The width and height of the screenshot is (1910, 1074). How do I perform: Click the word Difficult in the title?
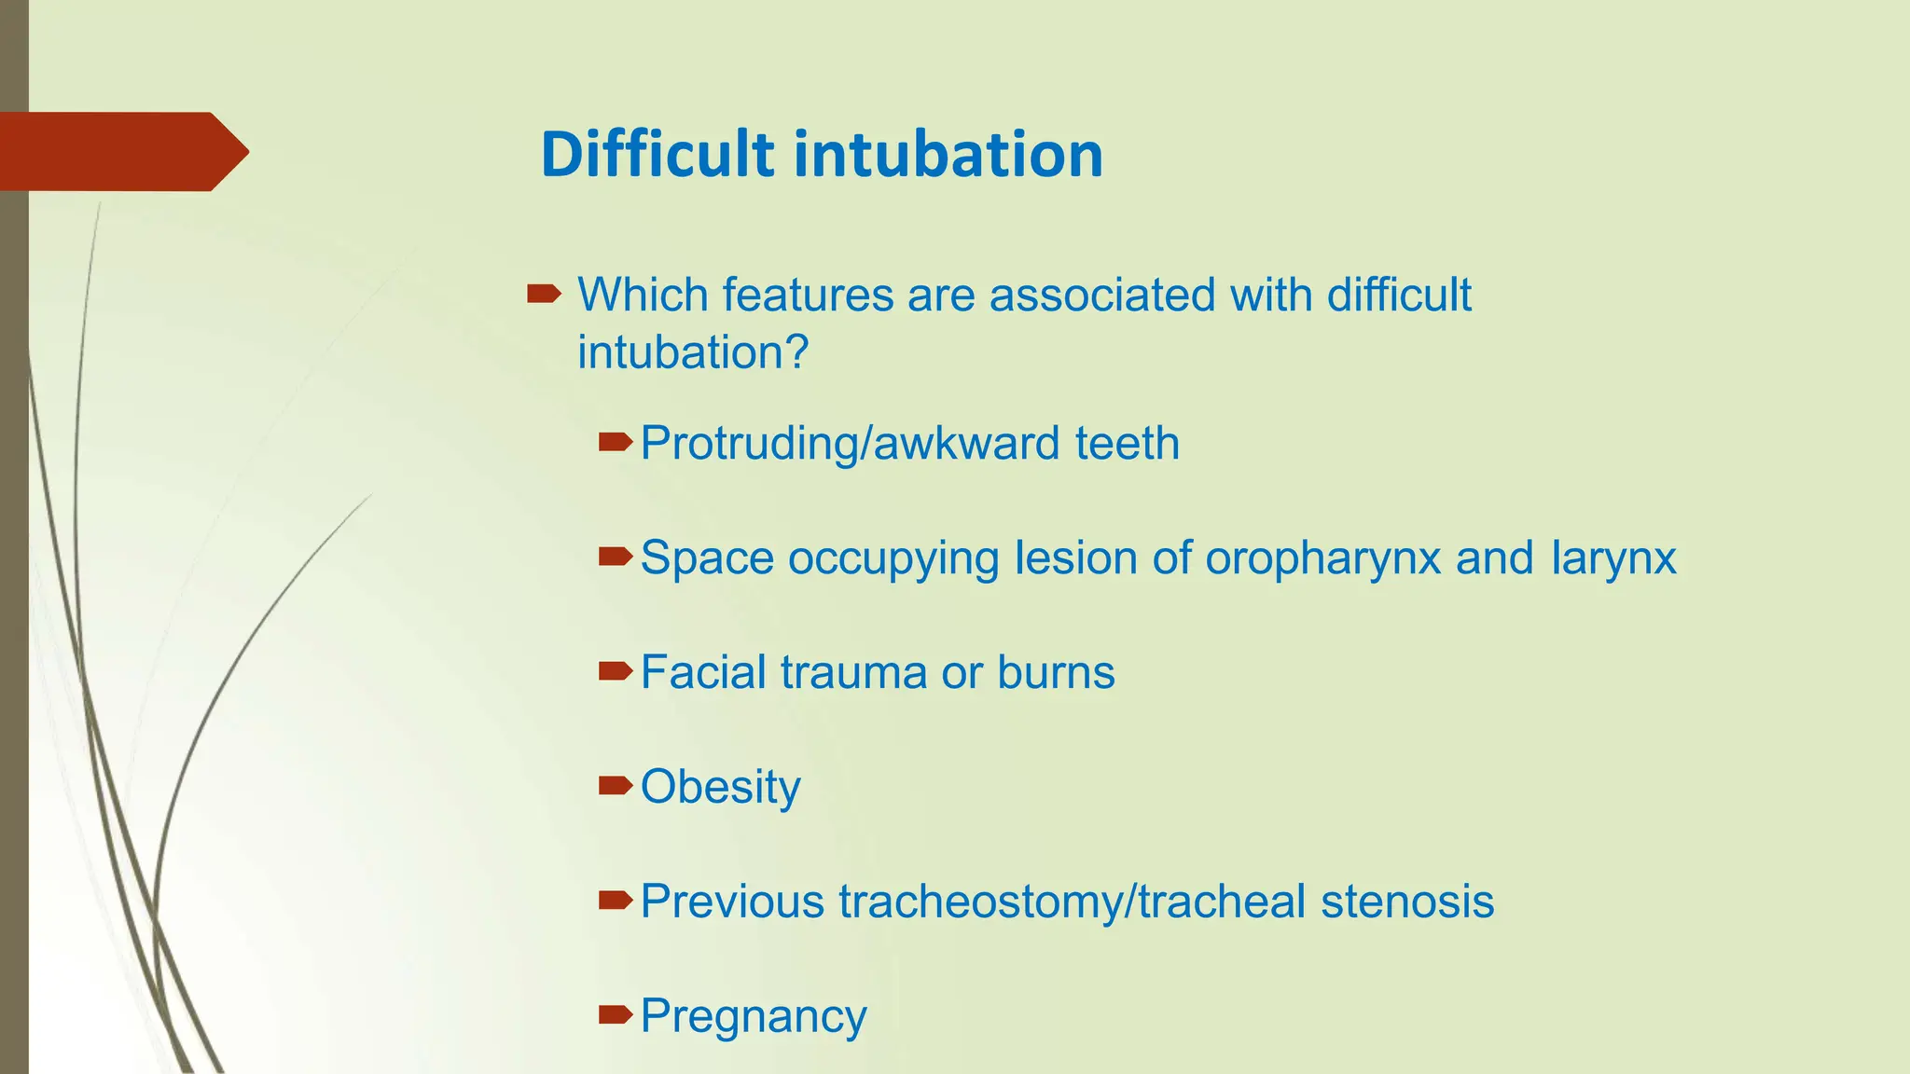tap(657, 154)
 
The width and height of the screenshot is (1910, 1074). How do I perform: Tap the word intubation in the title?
tap(949, 154)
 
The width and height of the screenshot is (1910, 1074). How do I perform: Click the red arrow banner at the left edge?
tap(124, 151)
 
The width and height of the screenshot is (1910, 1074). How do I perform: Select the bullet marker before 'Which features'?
tap(544, 296)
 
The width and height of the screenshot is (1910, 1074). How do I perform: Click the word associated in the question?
tap(1102, 295)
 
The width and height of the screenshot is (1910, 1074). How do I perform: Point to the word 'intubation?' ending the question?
tap(693, 352)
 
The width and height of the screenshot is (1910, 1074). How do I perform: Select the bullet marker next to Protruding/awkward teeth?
tap(616, 442)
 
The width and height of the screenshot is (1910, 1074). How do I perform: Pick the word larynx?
tap(1613, 559)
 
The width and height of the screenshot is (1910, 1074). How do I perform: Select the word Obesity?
tap(721, 788)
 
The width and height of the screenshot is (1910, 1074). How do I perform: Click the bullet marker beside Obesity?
tap(616, 786)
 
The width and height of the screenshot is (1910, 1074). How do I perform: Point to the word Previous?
tap(733, 902)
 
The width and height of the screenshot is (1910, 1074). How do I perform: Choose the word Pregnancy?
tap(754, 1017)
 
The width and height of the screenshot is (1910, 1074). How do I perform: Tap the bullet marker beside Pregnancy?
tap(616, 1015)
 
